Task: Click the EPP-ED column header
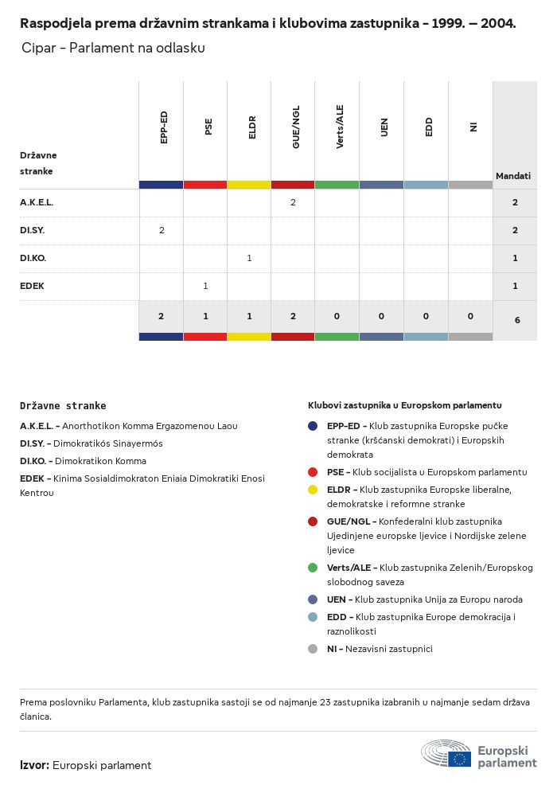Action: pos(163,127)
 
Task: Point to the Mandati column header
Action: pos(513,176)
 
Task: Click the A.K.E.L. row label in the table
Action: pos(37,203)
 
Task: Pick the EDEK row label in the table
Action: pos(32,286)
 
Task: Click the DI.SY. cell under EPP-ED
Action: pos(162,230)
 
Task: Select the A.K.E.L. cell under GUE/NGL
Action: pos(293,203)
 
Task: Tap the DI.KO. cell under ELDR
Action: pos(249,258)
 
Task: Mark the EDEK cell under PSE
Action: pos(205,286)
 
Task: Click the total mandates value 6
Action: pos(517,320)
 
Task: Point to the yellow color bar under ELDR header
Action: pos(249,185)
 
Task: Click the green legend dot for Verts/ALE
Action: pos(314,568)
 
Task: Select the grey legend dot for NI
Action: pos(314,649)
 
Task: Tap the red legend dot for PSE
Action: pos(314,472)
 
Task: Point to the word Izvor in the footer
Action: pos(34,765)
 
